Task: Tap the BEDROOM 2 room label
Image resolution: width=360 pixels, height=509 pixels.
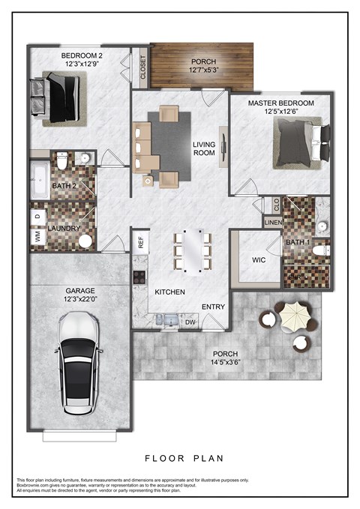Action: pyautogui.click(x=81, y=55)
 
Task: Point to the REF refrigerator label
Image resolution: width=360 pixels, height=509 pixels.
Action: pyautogui.click(x=139, y=242)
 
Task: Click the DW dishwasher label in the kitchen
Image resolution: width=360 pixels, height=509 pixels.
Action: pyautogui.click(x=190, y=322)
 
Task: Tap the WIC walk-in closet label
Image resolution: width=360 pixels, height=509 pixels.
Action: pyautogui.click(x=259, y=260)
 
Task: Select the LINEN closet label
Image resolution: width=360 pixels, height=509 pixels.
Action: pyautogui.click(x=273, y=221)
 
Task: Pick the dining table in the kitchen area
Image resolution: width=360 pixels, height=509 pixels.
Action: pyautogui.click(x=193, y=249)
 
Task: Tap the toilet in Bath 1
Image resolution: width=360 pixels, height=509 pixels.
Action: pyautogui.click(x=319, y=250)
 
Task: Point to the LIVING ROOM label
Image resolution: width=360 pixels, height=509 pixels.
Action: pyautogui.click(x=203, y=148)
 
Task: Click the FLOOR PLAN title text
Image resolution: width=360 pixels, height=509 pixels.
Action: pyautogui.click(x=183, y=457)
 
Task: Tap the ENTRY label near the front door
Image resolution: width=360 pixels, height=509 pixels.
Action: pyautogui.click(x=213, y=307)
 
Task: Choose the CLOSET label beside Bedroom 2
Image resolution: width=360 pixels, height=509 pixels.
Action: pyautogui.click(x=142, y=68)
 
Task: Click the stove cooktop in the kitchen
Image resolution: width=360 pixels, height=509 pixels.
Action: pyautogui.click(x=139, y=276)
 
